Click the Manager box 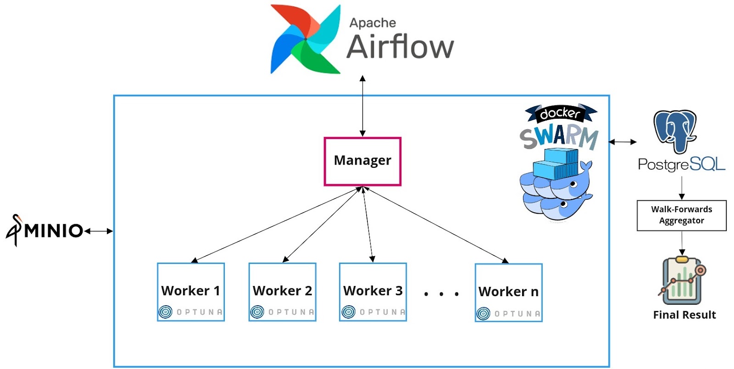(x=362, y=161)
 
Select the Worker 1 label (x=190, y=291)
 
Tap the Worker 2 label (x=282, y=291)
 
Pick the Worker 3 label (x=373, y=291)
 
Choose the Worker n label (x=508, y=292)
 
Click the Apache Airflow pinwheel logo (x=305, y=39)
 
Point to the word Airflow (x=400, y=47)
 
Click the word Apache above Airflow (x=373, y=22)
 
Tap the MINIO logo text (x=53, y=231)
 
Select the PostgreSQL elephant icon (x=675, y=131)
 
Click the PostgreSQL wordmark (x=681, y=164)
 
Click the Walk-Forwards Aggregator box (x=681, y=215)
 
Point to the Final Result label (x=684, y=315)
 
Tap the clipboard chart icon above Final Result (x=682, y=281)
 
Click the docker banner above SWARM (x=560, y=113)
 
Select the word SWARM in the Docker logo (x=559, y=137)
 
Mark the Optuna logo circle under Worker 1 (x=165, y=312)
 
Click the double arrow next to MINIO (x=99, y=231)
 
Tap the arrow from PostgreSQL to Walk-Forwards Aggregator (x=682, y=187)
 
